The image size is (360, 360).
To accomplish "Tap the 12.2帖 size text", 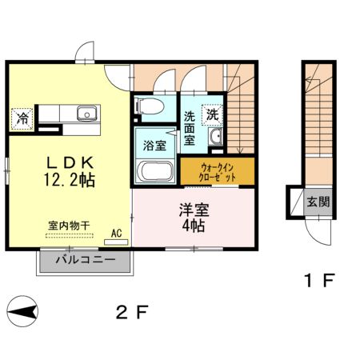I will (x=67, y=181).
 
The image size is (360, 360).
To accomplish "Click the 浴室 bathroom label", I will (x=154, y=147).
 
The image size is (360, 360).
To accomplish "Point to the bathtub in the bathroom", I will (x=155, y=170).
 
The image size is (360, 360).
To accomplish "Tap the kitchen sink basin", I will (x=86, y=114).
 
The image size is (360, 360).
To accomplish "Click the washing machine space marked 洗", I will (x=213, y=114).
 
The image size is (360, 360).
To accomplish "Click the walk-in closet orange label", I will (x=218, y=170).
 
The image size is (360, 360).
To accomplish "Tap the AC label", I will (x=116, y=234).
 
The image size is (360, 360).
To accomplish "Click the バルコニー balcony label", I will (x=86, y=261).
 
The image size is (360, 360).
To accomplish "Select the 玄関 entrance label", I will (x=317, y=202).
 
